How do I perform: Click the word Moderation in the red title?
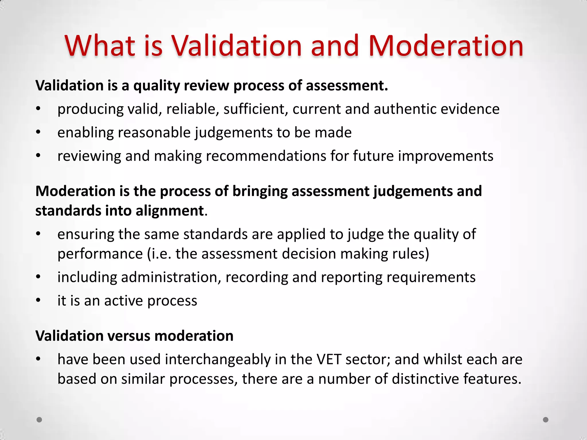coord(446,46)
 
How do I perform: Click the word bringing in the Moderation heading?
coord(260,191)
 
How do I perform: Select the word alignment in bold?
coord(169,211)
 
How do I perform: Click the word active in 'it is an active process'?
coord(123,301)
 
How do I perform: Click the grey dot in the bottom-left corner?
coord(39,420)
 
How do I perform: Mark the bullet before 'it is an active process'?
coord(38,300)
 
